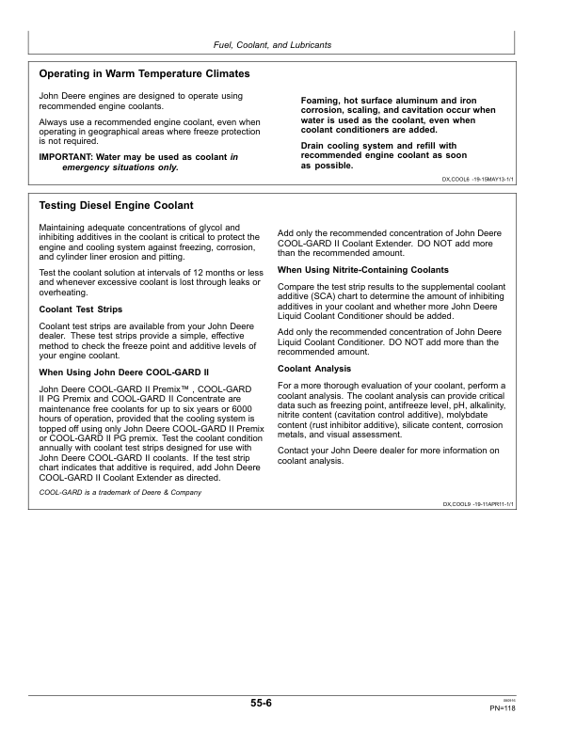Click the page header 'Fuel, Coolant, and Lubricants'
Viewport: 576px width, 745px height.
point(273,45)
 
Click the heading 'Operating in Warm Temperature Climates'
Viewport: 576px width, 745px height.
point(144,73)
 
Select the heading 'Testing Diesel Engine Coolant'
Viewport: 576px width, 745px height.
point(116,205)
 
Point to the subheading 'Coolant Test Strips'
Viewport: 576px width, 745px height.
point(80,308)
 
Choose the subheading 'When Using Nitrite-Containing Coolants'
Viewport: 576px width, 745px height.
point(363,270)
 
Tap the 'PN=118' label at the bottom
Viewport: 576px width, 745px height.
point(503,708)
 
